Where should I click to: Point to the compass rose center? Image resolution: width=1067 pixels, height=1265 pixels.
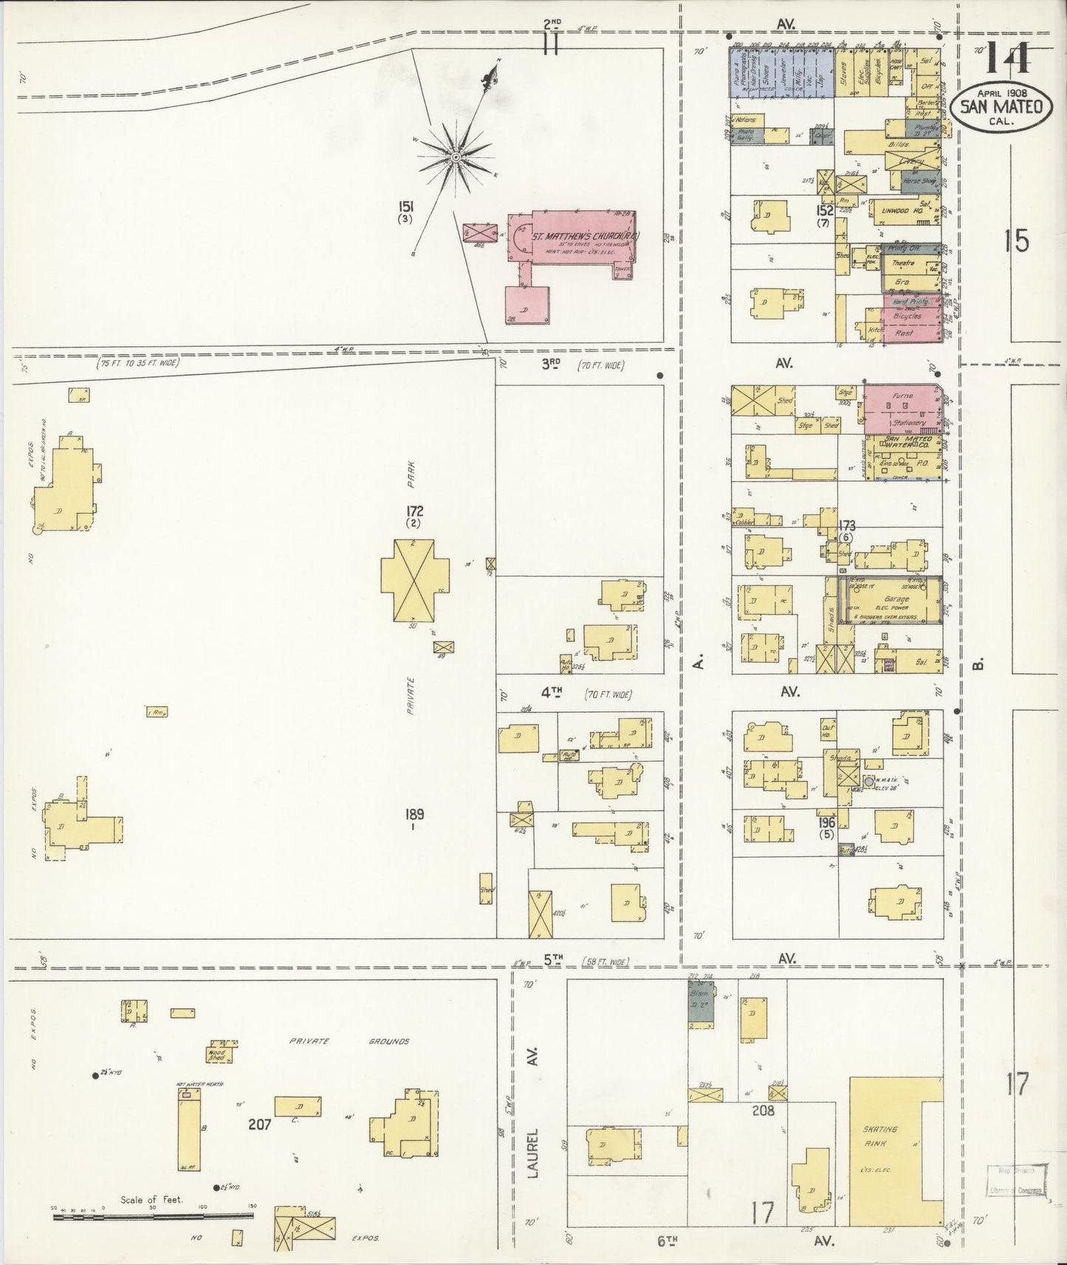[x=456, y=156]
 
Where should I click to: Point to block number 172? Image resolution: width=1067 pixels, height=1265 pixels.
[x=414, y=511]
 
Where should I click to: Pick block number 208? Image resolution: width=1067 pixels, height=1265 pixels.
[x=763, y=1109]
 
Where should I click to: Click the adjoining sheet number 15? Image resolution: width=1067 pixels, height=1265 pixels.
[x=1018, y=241]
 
